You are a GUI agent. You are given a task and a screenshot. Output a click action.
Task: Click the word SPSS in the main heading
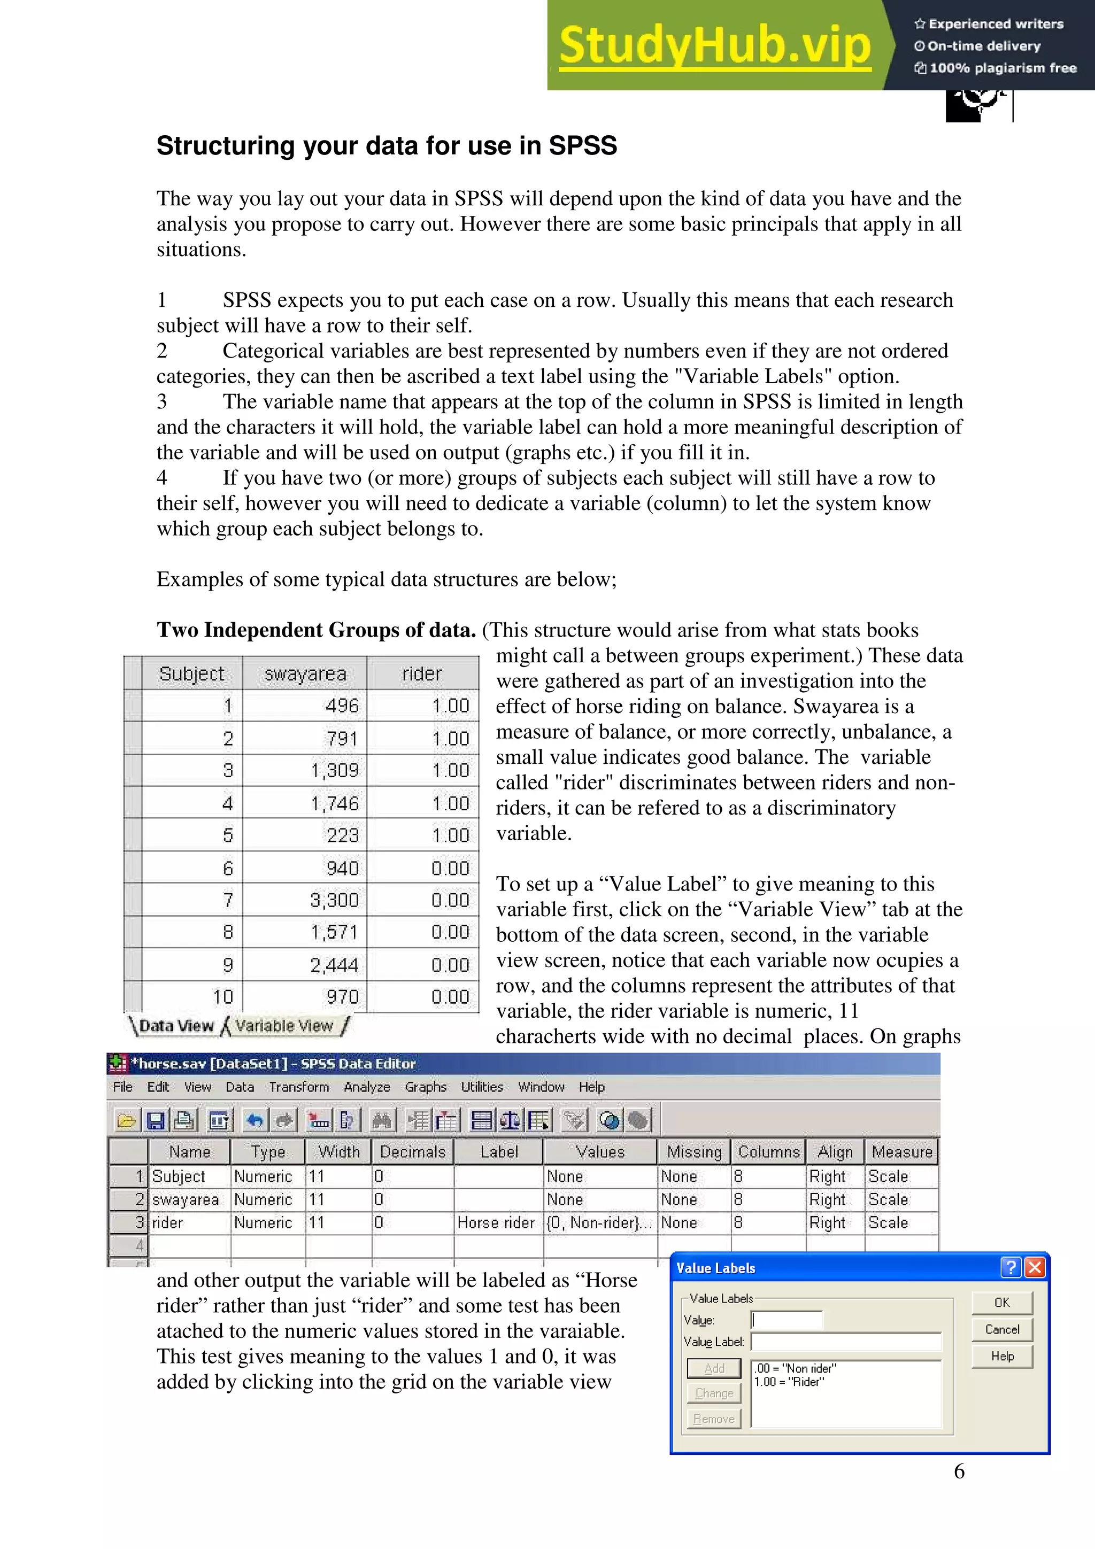583,146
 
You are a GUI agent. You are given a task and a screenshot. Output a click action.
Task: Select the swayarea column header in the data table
305,673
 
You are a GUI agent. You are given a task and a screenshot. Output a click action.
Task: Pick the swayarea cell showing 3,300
334,900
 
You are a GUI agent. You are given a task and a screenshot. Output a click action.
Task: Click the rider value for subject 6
450,868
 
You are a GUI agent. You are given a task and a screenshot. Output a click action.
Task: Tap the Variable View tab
284,1026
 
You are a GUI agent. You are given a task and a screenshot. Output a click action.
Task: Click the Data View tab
176,1026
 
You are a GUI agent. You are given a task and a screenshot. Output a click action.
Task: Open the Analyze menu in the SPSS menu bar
366,1087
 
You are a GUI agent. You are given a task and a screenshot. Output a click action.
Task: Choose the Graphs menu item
425,1087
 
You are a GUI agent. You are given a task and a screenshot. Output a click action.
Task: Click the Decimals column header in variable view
412,1152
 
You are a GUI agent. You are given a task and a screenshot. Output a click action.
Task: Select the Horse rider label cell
496,1222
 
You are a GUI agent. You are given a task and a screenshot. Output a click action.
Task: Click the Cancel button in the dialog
1002,1329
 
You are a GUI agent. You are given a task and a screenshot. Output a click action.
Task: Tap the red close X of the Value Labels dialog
1034,1268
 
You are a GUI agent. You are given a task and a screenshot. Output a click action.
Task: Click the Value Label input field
845,1341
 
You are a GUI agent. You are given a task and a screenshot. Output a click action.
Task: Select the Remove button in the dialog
714,1419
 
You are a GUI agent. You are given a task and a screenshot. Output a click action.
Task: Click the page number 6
959,1471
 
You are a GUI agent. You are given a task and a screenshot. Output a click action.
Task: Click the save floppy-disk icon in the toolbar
156,1121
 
